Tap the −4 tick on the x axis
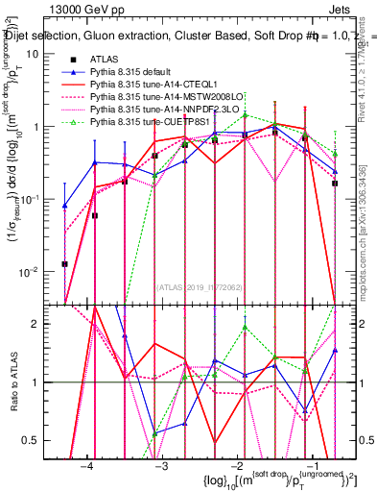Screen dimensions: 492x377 (x=87, y=465)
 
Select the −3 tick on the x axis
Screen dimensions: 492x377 (x=161, y=465)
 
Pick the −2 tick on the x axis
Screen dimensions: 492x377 (x=236, y=465)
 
